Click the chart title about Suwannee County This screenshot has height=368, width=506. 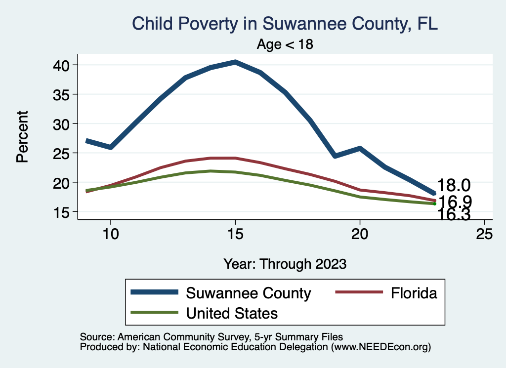point(285,23)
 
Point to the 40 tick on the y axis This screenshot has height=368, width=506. point(64,65)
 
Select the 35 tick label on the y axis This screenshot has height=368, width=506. point(64,94)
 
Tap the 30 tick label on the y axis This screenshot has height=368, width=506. point(64,123)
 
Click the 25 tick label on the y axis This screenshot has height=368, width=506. point(64,153)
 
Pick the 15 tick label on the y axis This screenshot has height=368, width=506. point(64,212)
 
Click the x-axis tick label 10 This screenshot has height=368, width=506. point(110,234)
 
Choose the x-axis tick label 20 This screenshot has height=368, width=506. point(360,234)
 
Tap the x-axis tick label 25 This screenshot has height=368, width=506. point(484,234)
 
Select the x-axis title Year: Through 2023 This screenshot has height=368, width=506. point(285,263)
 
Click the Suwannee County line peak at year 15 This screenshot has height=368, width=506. point(235,62)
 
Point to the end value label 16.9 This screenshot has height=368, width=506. point(455,201)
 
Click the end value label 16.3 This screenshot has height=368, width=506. point(455,214)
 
